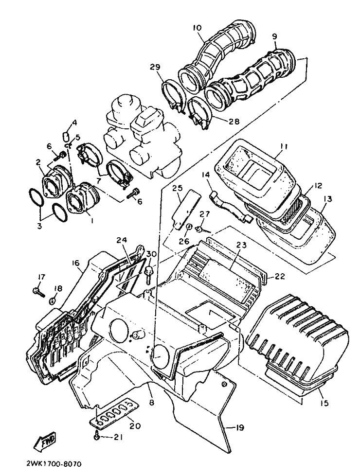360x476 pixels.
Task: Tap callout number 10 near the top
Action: [197, 28]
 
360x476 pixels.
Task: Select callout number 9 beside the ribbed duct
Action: [274, 36]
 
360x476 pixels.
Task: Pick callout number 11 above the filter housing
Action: [284, 145]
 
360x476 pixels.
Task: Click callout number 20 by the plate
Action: [135, 426]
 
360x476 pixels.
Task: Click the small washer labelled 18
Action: [53, 297]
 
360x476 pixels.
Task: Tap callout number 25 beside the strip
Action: [177, 187]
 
